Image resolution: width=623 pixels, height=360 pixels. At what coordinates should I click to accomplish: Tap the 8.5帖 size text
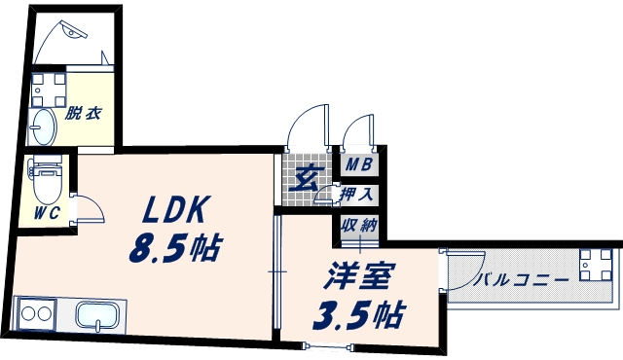172,249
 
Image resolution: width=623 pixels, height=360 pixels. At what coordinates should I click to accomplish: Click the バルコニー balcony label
523,281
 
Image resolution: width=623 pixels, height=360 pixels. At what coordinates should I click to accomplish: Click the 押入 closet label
357,196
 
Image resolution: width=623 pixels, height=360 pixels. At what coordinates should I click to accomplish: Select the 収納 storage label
357,228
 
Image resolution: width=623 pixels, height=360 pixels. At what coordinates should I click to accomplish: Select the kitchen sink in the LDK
97,317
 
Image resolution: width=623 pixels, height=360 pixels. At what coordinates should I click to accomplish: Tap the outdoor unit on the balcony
593,265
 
